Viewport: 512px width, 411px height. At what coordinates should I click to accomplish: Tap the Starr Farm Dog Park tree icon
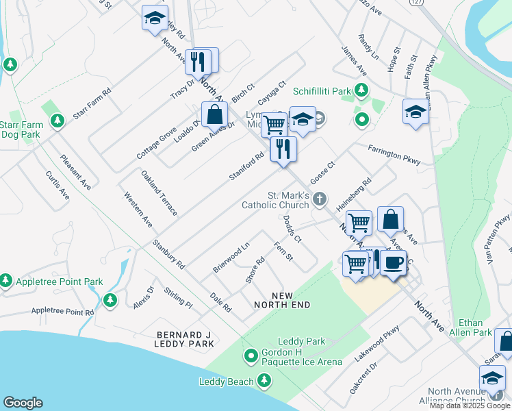pyautogui.click(x=58, y=121)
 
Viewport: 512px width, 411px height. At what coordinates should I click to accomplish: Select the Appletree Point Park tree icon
pyautogui.click(x=6, y=281)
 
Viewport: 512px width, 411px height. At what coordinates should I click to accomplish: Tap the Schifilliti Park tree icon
pyautogui.click(x=361, y=91)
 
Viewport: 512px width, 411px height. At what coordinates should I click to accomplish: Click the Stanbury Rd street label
pyautogui.click(x=168, y=253)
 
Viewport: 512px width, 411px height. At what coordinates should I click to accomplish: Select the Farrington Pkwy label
pyautogui.click(x=394, y=155)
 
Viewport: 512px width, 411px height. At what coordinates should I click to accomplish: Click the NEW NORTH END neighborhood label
pyautogui.click(x=282, y=299)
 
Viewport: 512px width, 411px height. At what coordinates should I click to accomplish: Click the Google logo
pyautogui.click(x=23, y=403)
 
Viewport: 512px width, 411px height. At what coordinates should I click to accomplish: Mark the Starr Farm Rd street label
pyautogui.click(x=92, y=104)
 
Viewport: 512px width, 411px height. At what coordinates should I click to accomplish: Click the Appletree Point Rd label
pyautogui.click(x=62, y=312)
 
